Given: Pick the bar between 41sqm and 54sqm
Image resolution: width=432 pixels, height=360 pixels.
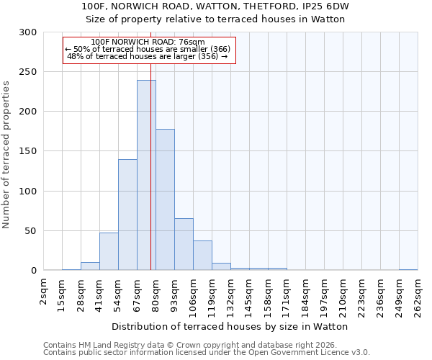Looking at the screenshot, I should pos(109,251).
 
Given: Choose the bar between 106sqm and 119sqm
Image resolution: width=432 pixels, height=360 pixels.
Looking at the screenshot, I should pos(202,256).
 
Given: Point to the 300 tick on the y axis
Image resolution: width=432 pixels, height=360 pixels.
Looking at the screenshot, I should pos(27,32).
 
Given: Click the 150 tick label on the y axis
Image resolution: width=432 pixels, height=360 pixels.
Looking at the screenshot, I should pos(27,152).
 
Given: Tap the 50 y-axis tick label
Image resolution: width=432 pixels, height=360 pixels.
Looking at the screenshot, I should pos(30,231).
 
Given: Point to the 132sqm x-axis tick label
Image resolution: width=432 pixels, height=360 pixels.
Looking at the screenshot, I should pos(230,295).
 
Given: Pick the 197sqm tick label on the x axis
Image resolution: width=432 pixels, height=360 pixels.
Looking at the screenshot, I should pos(324,295).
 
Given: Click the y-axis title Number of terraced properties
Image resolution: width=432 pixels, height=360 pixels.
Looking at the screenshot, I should pos(6,154).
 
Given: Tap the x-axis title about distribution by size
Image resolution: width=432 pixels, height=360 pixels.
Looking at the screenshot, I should pos(230,326).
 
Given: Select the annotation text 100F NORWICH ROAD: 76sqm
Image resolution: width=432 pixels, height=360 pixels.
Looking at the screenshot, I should pos(149,42).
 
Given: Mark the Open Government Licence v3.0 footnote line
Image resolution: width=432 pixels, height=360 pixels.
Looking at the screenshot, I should pos(207,353).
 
